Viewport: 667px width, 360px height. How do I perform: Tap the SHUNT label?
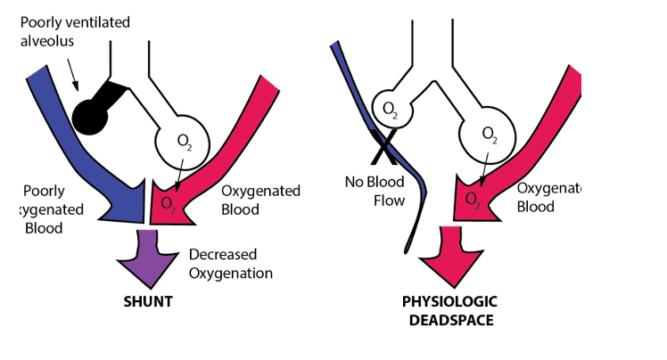[x=147, y=301]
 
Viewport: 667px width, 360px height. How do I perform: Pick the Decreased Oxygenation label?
[x=231, y=264]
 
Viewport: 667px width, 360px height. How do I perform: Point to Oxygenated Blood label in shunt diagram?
[x=259, y=200]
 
